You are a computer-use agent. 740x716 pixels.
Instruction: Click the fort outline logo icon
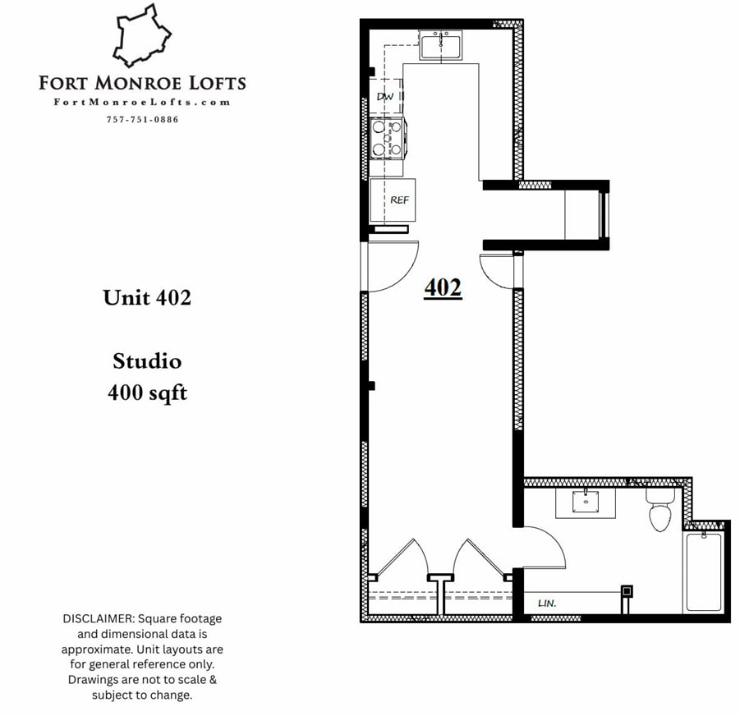[x=145, y=36]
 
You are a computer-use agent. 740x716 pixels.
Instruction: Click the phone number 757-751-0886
[x=142, y=120]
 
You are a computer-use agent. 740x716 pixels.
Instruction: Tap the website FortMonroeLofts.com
[x=142, y=103]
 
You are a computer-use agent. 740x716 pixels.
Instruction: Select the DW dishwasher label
[x=385, y=97]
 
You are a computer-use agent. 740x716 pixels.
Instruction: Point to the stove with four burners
[x=386, y=136]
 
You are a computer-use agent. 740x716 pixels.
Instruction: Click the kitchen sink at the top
[x=440, y=45]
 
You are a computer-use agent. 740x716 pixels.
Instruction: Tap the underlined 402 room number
[x=443, y=288]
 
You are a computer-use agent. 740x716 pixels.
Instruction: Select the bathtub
[x=703, y=571]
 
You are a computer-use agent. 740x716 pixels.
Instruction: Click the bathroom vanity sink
[x=586, y=501]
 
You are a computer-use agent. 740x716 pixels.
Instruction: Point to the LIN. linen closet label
[x=547, y=603]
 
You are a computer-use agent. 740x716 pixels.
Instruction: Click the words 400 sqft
[x=147, y=393]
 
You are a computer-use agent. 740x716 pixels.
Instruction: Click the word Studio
[x=147, y=360]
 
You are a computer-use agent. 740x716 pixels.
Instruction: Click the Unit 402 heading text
[x=147, y=297]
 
